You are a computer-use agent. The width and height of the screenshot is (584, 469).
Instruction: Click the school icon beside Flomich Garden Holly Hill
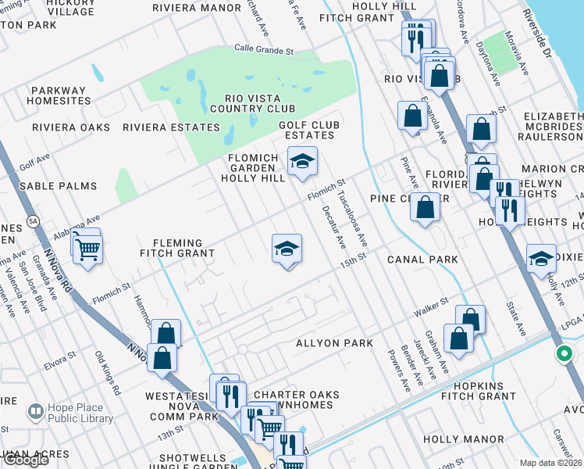pyautogui.click(x=302, y=162)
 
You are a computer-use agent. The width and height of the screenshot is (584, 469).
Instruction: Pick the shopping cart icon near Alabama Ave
pyautogui.click(x=88, y=250)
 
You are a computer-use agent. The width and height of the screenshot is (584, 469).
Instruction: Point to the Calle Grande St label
pyautogui.click(x=264, y=50)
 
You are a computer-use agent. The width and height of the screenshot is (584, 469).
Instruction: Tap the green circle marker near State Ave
pyautogui.click(x=564, y=355)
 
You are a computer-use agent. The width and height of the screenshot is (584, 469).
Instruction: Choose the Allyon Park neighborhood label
pyautogui.click(x=334, y=343)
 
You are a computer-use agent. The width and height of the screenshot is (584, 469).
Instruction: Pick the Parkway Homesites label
pyautogui.click(x=59, y=95)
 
